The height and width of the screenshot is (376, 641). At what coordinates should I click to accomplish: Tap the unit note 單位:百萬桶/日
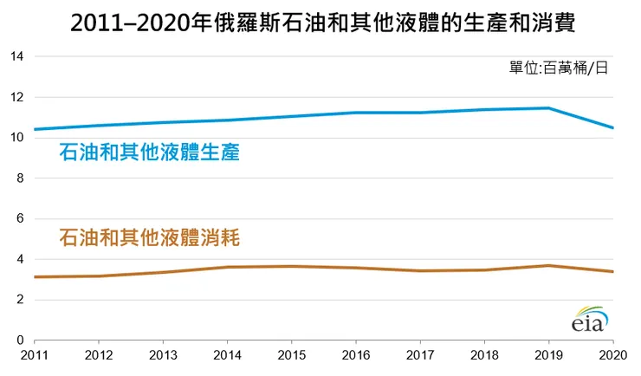[x=558, y=68]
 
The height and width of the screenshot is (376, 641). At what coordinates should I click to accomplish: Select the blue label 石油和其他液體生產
[x=149, y=153]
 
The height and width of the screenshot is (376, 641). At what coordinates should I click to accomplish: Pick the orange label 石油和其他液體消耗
[x=149, y=237]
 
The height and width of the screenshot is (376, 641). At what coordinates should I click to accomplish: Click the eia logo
[x=589, y=320]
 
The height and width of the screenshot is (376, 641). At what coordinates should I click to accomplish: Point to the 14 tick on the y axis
[x=16, y=57]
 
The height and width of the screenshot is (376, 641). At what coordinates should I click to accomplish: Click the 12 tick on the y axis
[x=16, y=97]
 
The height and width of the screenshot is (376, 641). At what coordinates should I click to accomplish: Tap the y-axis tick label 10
[x=16, y=138]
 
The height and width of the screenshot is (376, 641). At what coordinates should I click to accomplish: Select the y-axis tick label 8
[x=20, y=178]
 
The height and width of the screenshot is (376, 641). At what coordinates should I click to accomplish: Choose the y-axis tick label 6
[x=20, y=219]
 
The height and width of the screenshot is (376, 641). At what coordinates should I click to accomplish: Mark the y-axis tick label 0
[x=20, y=340]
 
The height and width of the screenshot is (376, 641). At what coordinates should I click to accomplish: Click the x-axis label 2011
[x=34, y=356]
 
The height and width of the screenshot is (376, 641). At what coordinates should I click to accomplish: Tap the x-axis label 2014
[x=227, y=356]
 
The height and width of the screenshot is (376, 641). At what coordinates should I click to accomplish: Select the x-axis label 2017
[x=420, y=356]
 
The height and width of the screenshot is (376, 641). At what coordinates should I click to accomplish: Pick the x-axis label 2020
[x=612, y=356]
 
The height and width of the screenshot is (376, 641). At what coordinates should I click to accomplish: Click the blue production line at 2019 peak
[x=548, y=108]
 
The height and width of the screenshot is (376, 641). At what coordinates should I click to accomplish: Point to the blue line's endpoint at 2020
[x=612, y=128]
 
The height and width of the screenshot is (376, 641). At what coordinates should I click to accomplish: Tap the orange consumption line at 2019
[x=548, y=265]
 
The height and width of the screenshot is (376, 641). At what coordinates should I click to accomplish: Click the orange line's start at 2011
[x=35, y=277]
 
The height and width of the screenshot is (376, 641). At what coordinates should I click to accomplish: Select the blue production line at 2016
[x=356, y=113]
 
